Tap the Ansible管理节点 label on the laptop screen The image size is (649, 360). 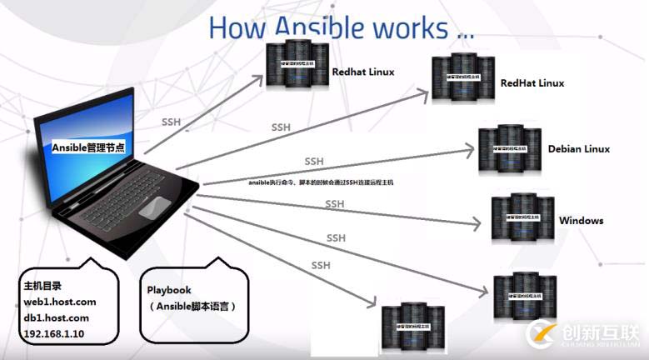[88, 147]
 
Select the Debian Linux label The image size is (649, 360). [578, 149]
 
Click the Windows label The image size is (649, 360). [581, 221]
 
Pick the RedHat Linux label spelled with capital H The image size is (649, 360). [532, 83]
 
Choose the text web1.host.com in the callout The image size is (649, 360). [60, 301]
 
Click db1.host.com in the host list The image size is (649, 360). [57, 317]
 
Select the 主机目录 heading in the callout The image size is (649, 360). [42, 285]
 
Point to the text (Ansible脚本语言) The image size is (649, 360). [192, 307]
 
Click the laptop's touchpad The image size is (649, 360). [157, 209]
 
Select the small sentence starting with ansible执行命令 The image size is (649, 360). [321, 182]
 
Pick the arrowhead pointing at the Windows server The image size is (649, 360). [477, 225]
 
